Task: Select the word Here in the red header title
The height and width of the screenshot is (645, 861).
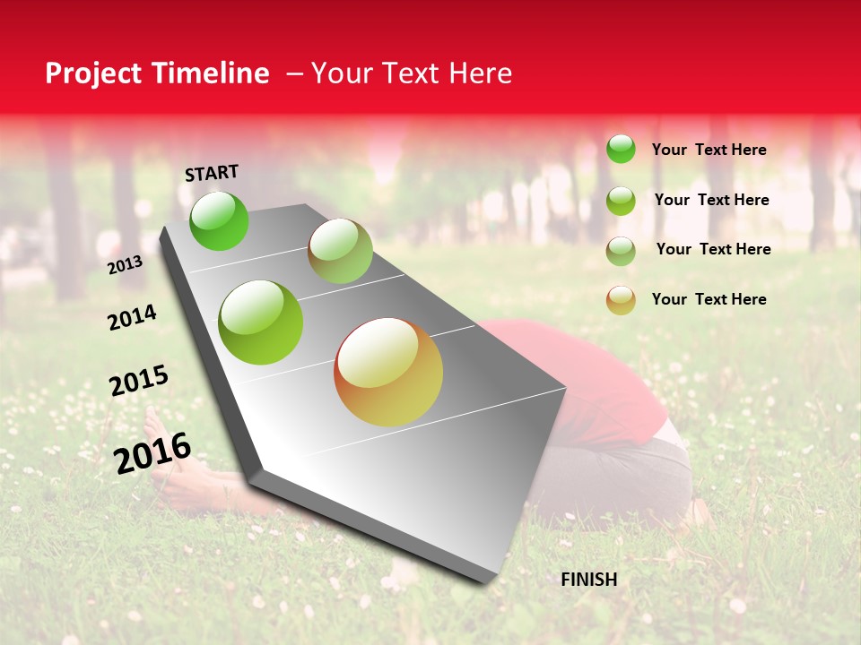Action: click(x=480, y=73)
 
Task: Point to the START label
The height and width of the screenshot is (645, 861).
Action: click(x=212, y=172)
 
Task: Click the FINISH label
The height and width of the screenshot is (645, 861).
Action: click(x=589, y=580)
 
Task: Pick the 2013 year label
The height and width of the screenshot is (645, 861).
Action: click(x=125, y=265)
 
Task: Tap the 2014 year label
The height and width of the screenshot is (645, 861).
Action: click(x=132, y=317)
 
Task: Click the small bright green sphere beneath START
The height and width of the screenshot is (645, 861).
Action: click(x=219, y=221)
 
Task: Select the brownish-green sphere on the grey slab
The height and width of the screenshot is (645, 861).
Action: click(x=340, y=251)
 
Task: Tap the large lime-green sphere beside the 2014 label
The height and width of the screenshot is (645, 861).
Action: click(x=261, y=322)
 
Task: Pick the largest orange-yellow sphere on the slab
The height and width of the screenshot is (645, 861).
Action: click(x=388, y=372)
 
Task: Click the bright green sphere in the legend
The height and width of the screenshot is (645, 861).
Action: click(x=621, y=149)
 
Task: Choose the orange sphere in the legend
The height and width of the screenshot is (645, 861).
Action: click(x=621, y=300)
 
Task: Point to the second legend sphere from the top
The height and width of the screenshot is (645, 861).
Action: click(x=621, y=201)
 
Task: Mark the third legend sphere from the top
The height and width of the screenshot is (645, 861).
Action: click(x=621, y=251)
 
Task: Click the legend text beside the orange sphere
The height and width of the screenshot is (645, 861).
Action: click(x=709, y=299)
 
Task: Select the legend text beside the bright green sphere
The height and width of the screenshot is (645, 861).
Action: click(x=709, y=150)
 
